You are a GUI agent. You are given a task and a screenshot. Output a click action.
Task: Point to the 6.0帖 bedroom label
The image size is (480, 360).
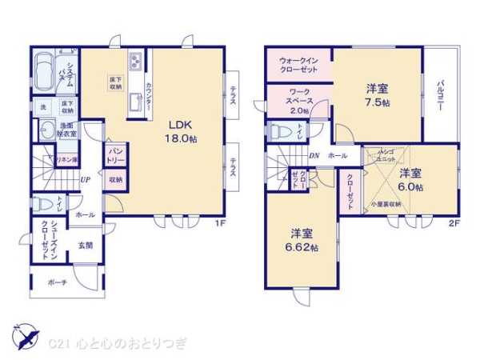[x=411, y=180]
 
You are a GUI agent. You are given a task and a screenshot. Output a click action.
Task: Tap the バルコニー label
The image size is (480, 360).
[x=441, y=96]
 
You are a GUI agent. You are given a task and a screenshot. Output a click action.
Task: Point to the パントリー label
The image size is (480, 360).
[x=115, y=154]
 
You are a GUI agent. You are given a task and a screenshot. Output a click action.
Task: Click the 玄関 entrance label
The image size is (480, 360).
[x=86, y=246]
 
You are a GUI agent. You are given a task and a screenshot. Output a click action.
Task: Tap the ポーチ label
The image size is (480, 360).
[x=56, y=282]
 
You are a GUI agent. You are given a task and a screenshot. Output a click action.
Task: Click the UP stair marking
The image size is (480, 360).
[x=84, y=179]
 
